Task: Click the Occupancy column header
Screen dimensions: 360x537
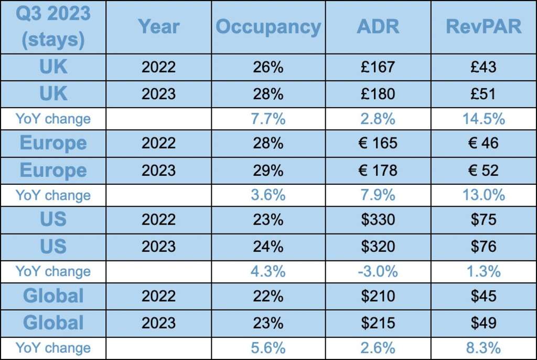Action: [x=268, y=27]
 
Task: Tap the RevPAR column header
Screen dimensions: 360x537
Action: [x=484, y=27]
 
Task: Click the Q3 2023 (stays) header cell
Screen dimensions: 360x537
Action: [x=53, y=27]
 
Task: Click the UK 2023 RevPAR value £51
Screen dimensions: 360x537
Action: [x=484, y=93]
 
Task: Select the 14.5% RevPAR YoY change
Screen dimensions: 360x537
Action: [x=484, y=119]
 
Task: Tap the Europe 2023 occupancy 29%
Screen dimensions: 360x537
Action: [x=268, y=170]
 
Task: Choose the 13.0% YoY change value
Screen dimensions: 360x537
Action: [x=484, y=195]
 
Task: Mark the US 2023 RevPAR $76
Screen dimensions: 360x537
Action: [x=484, y=246]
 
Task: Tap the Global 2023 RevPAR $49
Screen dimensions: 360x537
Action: [x=484, y=322]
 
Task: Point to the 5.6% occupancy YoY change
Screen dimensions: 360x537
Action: [x=268, y=347]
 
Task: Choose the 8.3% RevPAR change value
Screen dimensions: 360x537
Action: [x=484, y=347]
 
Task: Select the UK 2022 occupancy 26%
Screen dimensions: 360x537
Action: [x=268, y=67]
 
